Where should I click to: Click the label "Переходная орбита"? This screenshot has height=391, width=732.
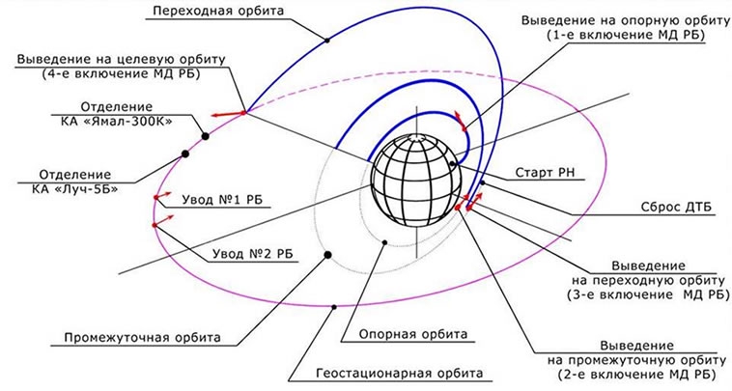click(x=218, y=11)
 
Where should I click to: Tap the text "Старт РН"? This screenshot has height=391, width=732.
click(x=545, y=173)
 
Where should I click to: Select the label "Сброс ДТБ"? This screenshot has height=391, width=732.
click(x=677, y=207)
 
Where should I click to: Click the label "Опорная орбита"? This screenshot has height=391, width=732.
click(x=412, y=334)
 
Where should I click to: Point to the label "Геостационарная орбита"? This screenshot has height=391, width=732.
click(x=400, y=374)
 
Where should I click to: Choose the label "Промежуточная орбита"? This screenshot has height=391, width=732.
click(x=142, y=337)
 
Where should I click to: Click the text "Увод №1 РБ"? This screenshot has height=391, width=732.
click(x=222, y=200)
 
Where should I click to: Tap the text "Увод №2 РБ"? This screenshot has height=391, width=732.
click(x=253, y=254)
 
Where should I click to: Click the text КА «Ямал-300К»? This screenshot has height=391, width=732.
click(x=117, y=122)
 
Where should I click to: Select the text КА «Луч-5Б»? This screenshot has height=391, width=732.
click(x=75, y=189)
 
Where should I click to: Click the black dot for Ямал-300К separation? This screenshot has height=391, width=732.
click(x=205, y=136)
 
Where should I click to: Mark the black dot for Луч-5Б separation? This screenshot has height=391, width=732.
click(x=185, y=154)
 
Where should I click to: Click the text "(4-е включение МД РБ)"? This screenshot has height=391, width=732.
click(x=121, y=73)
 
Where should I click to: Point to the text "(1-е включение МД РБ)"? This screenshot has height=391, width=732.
click(x=625, y=35)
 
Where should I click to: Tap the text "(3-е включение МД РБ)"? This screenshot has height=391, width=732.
click(x=648, y=294)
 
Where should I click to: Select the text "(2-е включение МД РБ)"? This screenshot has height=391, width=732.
click(x=636, y=375)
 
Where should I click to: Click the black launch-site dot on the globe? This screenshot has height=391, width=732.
click(x=452, y=164)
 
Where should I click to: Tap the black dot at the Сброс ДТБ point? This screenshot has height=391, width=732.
click(x=483, y=182)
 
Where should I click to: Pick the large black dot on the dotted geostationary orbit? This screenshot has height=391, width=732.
click(x=327, y=255)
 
